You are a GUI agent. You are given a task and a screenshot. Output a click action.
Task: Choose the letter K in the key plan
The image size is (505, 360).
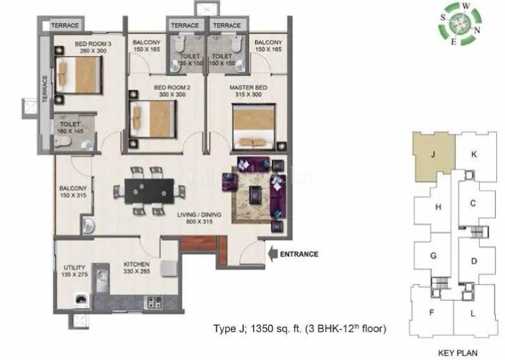point(473,153)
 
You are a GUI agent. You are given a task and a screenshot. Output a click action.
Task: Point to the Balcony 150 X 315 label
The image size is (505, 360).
point(73,191)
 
